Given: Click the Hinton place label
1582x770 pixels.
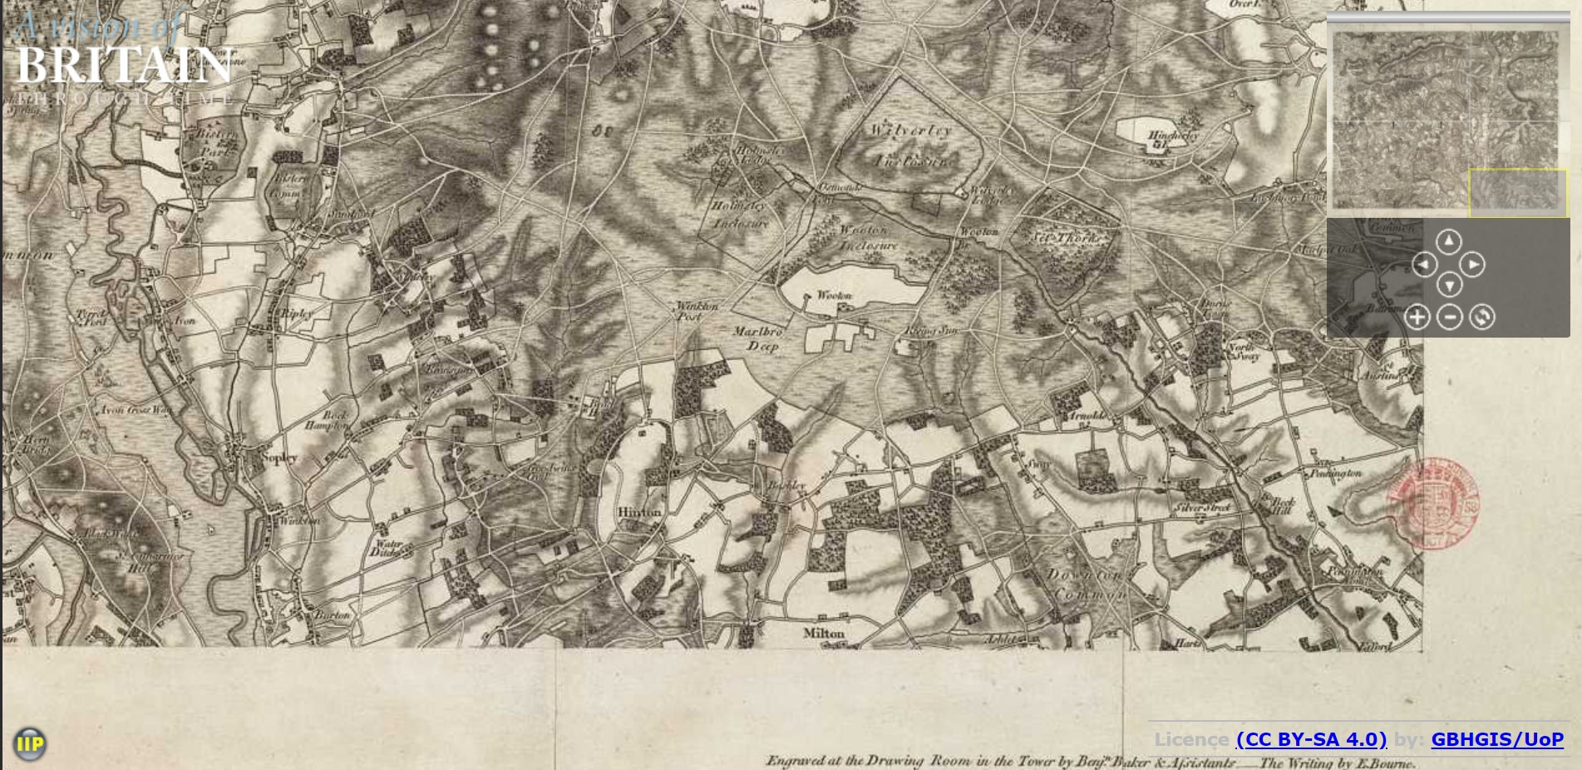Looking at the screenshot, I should (639, 512).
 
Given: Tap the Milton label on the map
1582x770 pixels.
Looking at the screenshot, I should (824, 634).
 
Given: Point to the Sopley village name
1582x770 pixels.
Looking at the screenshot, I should (278, 457).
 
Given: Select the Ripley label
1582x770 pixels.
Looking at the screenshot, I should (297, 313).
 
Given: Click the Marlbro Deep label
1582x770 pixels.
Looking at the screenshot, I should (758, 338).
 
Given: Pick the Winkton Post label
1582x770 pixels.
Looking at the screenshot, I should (696, 311).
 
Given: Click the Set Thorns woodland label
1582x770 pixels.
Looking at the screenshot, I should (1067, 238).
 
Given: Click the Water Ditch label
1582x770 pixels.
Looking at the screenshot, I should (387, 548).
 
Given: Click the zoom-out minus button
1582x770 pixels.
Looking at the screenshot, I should (1450, 317).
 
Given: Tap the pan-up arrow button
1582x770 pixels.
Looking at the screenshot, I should (1449, 241).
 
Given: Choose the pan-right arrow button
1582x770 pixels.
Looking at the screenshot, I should (1472, 264).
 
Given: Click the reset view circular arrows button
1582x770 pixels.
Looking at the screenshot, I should (1481, 317).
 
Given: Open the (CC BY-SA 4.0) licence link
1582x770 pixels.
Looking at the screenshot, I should (1311, 739).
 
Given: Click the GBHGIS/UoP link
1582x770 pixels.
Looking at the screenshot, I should (1496, 739).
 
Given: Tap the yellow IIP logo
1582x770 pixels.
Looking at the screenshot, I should (30, 743).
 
